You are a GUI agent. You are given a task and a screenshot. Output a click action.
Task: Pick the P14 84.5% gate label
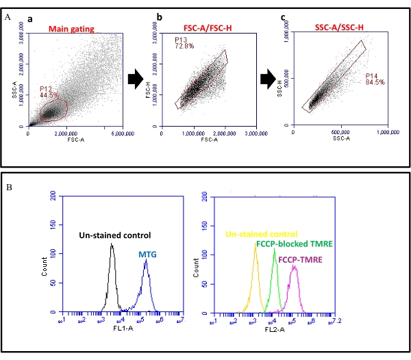click(x=375, y=79)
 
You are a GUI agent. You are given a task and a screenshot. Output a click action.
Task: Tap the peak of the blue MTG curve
click(x=146, y=259)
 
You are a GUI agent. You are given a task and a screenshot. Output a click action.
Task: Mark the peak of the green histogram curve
click(x=275, y=249)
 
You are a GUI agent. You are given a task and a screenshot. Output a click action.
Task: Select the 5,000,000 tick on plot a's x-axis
click(x=123, y=135)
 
